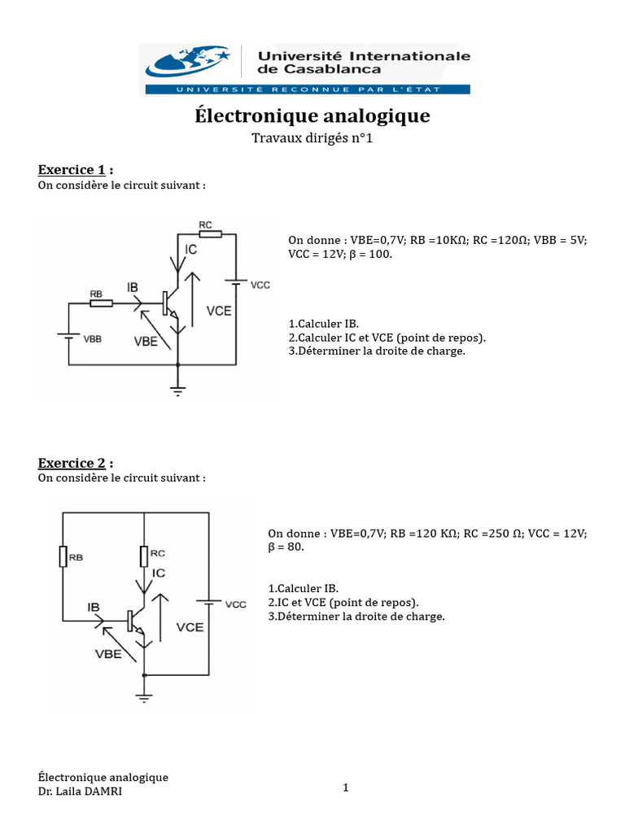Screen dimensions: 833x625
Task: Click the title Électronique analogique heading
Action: (x=312, y=116)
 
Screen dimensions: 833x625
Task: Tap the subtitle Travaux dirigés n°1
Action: (x=312, y=139)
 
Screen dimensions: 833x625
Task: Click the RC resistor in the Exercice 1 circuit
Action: (x=210, y=234)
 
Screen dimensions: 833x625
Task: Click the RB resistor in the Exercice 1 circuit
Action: (x=101, y=303)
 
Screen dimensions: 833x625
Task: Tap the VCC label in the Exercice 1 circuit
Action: (x=260, y=286)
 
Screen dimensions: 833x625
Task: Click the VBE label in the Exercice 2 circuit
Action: (x=108, y=655)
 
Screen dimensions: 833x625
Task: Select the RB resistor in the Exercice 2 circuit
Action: (x=63, y=556)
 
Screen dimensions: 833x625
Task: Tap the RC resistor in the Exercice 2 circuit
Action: (x=144, y=556)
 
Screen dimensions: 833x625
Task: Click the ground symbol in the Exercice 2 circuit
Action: (x=144, y=696)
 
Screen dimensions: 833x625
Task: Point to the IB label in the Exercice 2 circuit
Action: (x=94, y=607)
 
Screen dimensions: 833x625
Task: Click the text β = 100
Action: (x=369, y=255)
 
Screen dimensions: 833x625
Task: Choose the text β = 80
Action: (x=285, y=547)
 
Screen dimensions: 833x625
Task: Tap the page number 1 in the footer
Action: (x=345, y=787)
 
